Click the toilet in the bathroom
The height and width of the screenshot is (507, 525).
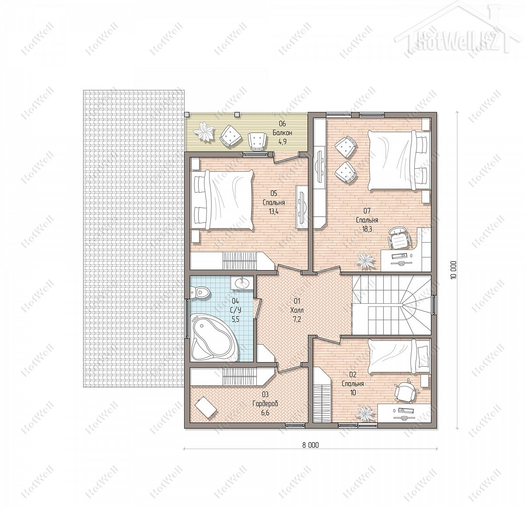coord(200,292)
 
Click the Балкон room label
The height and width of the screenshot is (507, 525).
coord(282,132)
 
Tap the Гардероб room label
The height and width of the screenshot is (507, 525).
coord(265,403)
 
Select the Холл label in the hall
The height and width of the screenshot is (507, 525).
coord(297,310)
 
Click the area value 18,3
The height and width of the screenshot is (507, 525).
coord(367,229)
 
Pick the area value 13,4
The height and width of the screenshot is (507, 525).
coord(273,211)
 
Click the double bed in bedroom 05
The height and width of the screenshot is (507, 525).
coord(222,200)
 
